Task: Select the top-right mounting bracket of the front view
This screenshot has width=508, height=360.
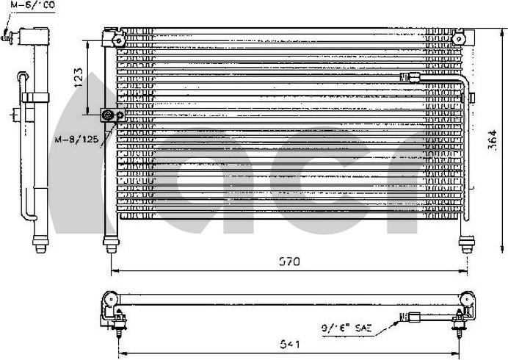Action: pos(460,37)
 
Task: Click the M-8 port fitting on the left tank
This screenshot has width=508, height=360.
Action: pos(110,115)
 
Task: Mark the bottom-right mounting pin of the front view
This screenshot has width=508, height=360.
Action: pos(467,243)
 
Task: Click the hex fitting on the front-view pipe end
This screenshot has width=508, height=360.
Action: pos(409,76)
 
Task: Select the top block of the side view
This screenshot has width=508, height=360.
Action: pos(34,37)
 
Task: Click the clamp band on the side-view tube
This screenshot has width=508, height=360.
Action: pos(34,97)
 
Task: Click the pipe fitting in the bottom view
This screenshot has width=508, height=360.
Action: pos(412,318)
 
